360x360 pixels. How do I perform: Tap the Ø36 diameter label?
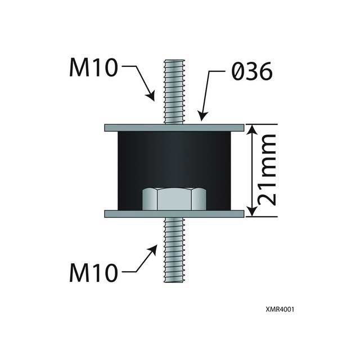coord(251,71)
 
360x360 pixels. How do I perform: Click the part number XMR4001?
coord(281,309)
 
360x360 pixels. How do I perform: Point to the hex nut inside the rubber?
coord(173,199)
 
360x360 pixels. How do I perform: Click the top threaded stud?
coord(173,90)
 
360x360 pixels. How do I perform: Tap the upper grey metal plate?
coord(174,128)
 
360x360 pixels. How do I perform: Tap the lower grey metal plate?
coord(174,214)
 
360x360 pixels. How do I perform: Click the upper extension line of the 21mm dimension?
coord(262,124)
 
